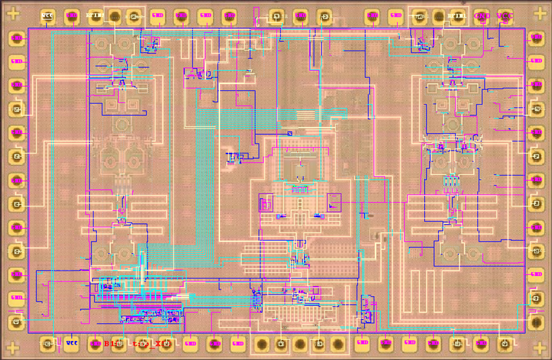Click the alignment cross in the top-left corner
coord(13,12)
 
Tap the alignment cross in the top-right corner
coord(539,13)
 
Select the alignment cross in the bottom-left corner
coord(13,348)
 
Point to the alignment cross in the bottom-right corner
coord(539,348)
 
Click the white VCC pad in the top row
coord(47,16)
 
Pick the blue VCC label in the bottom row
coord(72,343)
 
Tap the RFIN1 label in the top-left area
coord(94,15)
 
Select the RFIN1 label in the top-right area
coord(456,15)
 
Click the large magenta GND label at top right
coord(482,16)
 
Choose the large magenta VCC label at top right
coord(505,16)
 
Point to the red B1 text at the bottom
coord(110,344)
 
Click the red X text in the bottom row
coord(160,344)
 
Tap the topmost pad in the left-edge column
coord(17,39)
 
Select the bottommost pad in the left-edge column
coord(17,322)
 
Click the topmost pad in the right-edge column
coord(536,39)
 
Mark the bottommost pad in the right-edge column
coord(536,322)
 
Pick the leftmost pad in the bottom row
coord(47,345)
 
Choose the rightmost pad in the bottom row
coord(505,345)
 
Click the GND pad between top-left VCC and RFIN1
coord(71,16)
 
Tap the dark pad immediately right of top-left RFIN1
coord(114,17)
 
